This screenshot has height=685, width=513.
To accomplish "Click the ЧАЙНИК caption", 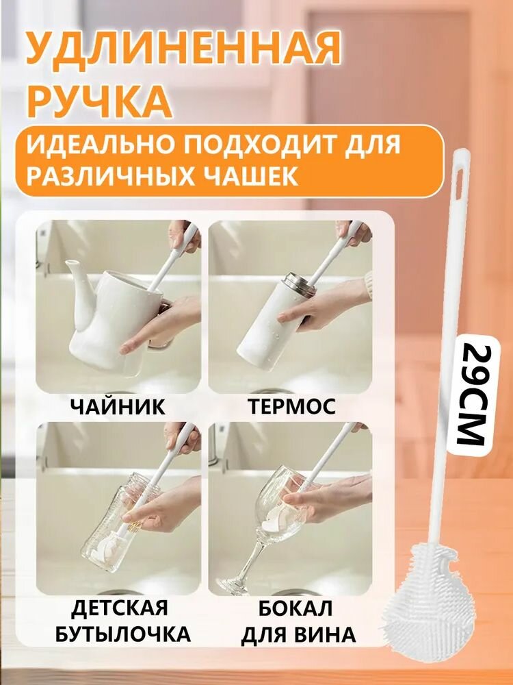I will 117,407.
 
